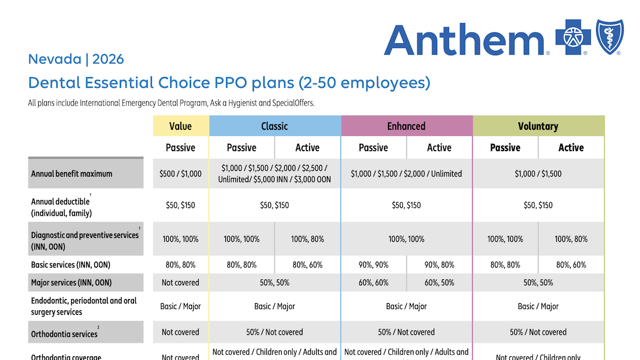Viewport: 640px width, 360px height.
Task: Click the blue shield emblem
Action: coord(610,37)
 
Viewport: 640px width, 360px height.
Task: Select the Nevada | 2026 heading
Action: coord(76,59)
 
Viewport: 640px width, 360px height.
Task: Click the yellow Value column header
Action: coord(180,126)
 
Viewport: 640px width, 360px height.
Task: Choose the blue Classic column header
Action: coord(275,126)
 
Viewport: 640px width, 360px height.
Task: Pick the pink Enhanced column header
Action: coord(406,126)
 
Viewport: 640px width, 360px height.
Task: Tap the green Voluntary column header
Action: coord(538,126)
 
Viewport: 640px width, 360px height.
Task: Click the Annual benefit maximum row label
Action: coord(72,174)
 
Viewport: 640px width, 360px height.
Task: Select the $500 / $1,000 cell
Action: coord(180,174)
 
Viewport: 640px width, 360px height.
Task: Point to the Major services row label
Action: coord(71,282)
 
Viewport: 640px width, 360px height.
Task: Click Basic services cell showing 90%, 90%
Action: coord(374,265)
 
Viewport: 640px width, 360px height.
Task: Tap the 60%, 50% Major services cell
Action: coord(440,282)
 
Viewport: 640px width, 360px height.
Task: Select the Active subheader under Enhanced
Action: coord(440,148)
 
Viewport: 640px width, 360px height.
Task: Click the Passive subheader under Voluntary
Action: coord(505,148)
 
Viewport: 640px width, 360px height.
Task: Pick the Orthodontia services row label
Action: coord(64,334)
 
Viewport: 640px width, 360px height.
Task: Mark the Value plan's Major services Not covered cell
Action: coord(180,282)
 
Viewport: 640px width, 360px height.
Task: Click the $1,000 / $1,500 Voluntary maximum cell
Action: coord(538,174)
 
